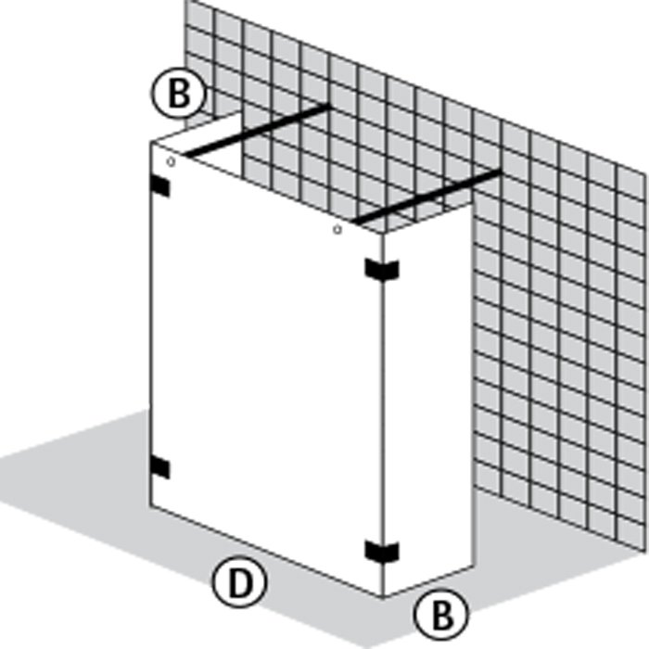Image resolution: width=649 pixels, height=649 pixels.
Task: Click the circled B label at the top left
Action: (x=178, y=93)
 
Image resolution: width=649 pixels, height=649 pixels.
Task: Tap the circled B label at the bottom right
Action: (x=441, y=614)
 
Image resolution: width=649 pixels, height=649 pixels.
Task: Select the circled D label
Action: (x=239, y=581)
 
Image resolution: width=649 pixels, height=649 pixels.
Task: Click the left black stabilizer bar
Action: (x=258, y=131)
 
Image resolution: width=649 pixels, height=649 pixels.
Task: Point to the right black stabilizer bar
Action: (x=428, y=197)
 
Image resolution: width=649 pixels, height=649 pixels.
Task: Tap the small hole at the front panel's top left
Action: (x=171, y=162)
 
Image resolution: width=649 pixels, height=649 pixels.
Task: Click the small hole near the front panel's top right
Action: (x=337, y=229)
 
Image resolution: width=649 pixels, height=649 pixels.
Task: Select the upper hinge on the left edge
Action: (x=159, y=186)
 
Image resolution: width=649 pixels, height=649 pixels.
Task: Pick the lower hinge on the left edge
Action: (x=159, y=467)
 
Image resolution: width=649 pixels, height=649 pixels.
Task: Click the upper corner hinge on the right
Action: (x=382, y=269)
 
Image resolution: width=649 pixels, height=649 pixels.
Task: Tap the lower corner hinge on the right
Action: (x=382, y=552)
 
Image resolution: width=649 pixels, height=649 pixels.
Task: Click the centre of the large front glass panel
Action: (x=266, y=368)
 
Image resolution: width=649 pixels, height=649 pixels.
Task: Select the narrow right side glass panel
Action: (x=428, y=398)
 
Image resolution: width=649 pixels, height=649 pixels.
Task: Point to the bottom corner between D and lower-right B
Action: (x=383, y=597)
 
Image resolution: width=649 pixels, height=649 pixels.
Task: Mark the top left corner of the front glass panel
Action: (x=151, y=142)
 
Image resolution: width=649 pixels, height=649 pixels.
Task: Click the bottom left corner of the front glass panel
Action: (x=150, y=506)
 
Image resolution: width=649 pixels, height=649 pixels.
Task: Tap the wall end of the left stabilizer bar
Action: (x=330, y=106)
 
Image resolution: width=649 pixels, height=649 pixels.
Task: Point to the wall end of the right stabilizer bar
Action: (x=502, y=171)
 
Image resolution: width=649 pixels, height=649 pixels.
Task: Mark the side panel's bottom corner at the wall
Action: (x=474, y=566)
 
